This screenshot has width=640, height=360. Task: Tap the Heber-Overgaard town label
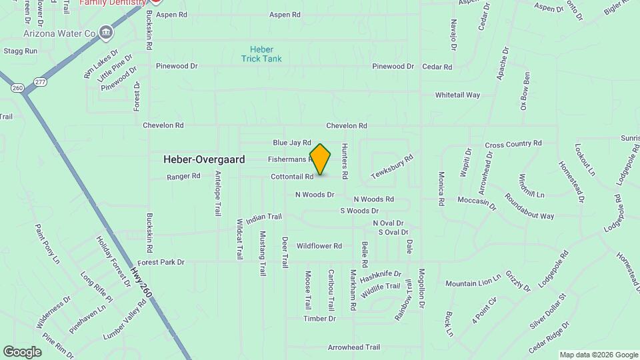coord(204,160)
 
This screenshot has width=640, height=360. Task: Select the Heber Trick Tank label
coord(261,54)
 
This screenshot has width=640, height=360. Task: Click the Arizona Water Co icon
coord(106,32)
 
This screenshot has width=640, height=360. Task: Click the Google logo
coord(22,351)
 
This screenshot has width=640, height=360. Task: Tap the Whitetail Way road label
coord(457,95)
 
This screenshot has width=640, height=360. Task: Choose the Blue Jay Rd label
coord(292,143)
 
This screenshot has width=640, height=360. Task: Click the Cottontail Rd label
coord(292,177)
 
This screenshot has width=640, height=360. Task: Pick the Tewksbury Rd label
coord(393,166)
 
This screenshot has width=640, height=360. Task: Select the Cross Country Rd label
coord(513,144)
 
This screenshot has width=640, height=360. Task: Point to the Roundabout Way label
coord(529,207)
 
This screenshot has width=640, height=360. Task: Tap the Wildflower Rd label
coord(319,246)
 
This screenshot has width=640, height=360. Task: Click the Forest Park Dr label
coord(161,263)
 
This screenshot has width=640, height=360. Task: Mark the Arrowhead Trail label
coord(354,347)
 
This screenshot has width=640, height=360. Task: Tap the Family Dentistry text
coord(113,3)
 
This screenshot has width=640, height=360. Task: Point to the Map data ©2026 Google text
coord(598,355)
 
